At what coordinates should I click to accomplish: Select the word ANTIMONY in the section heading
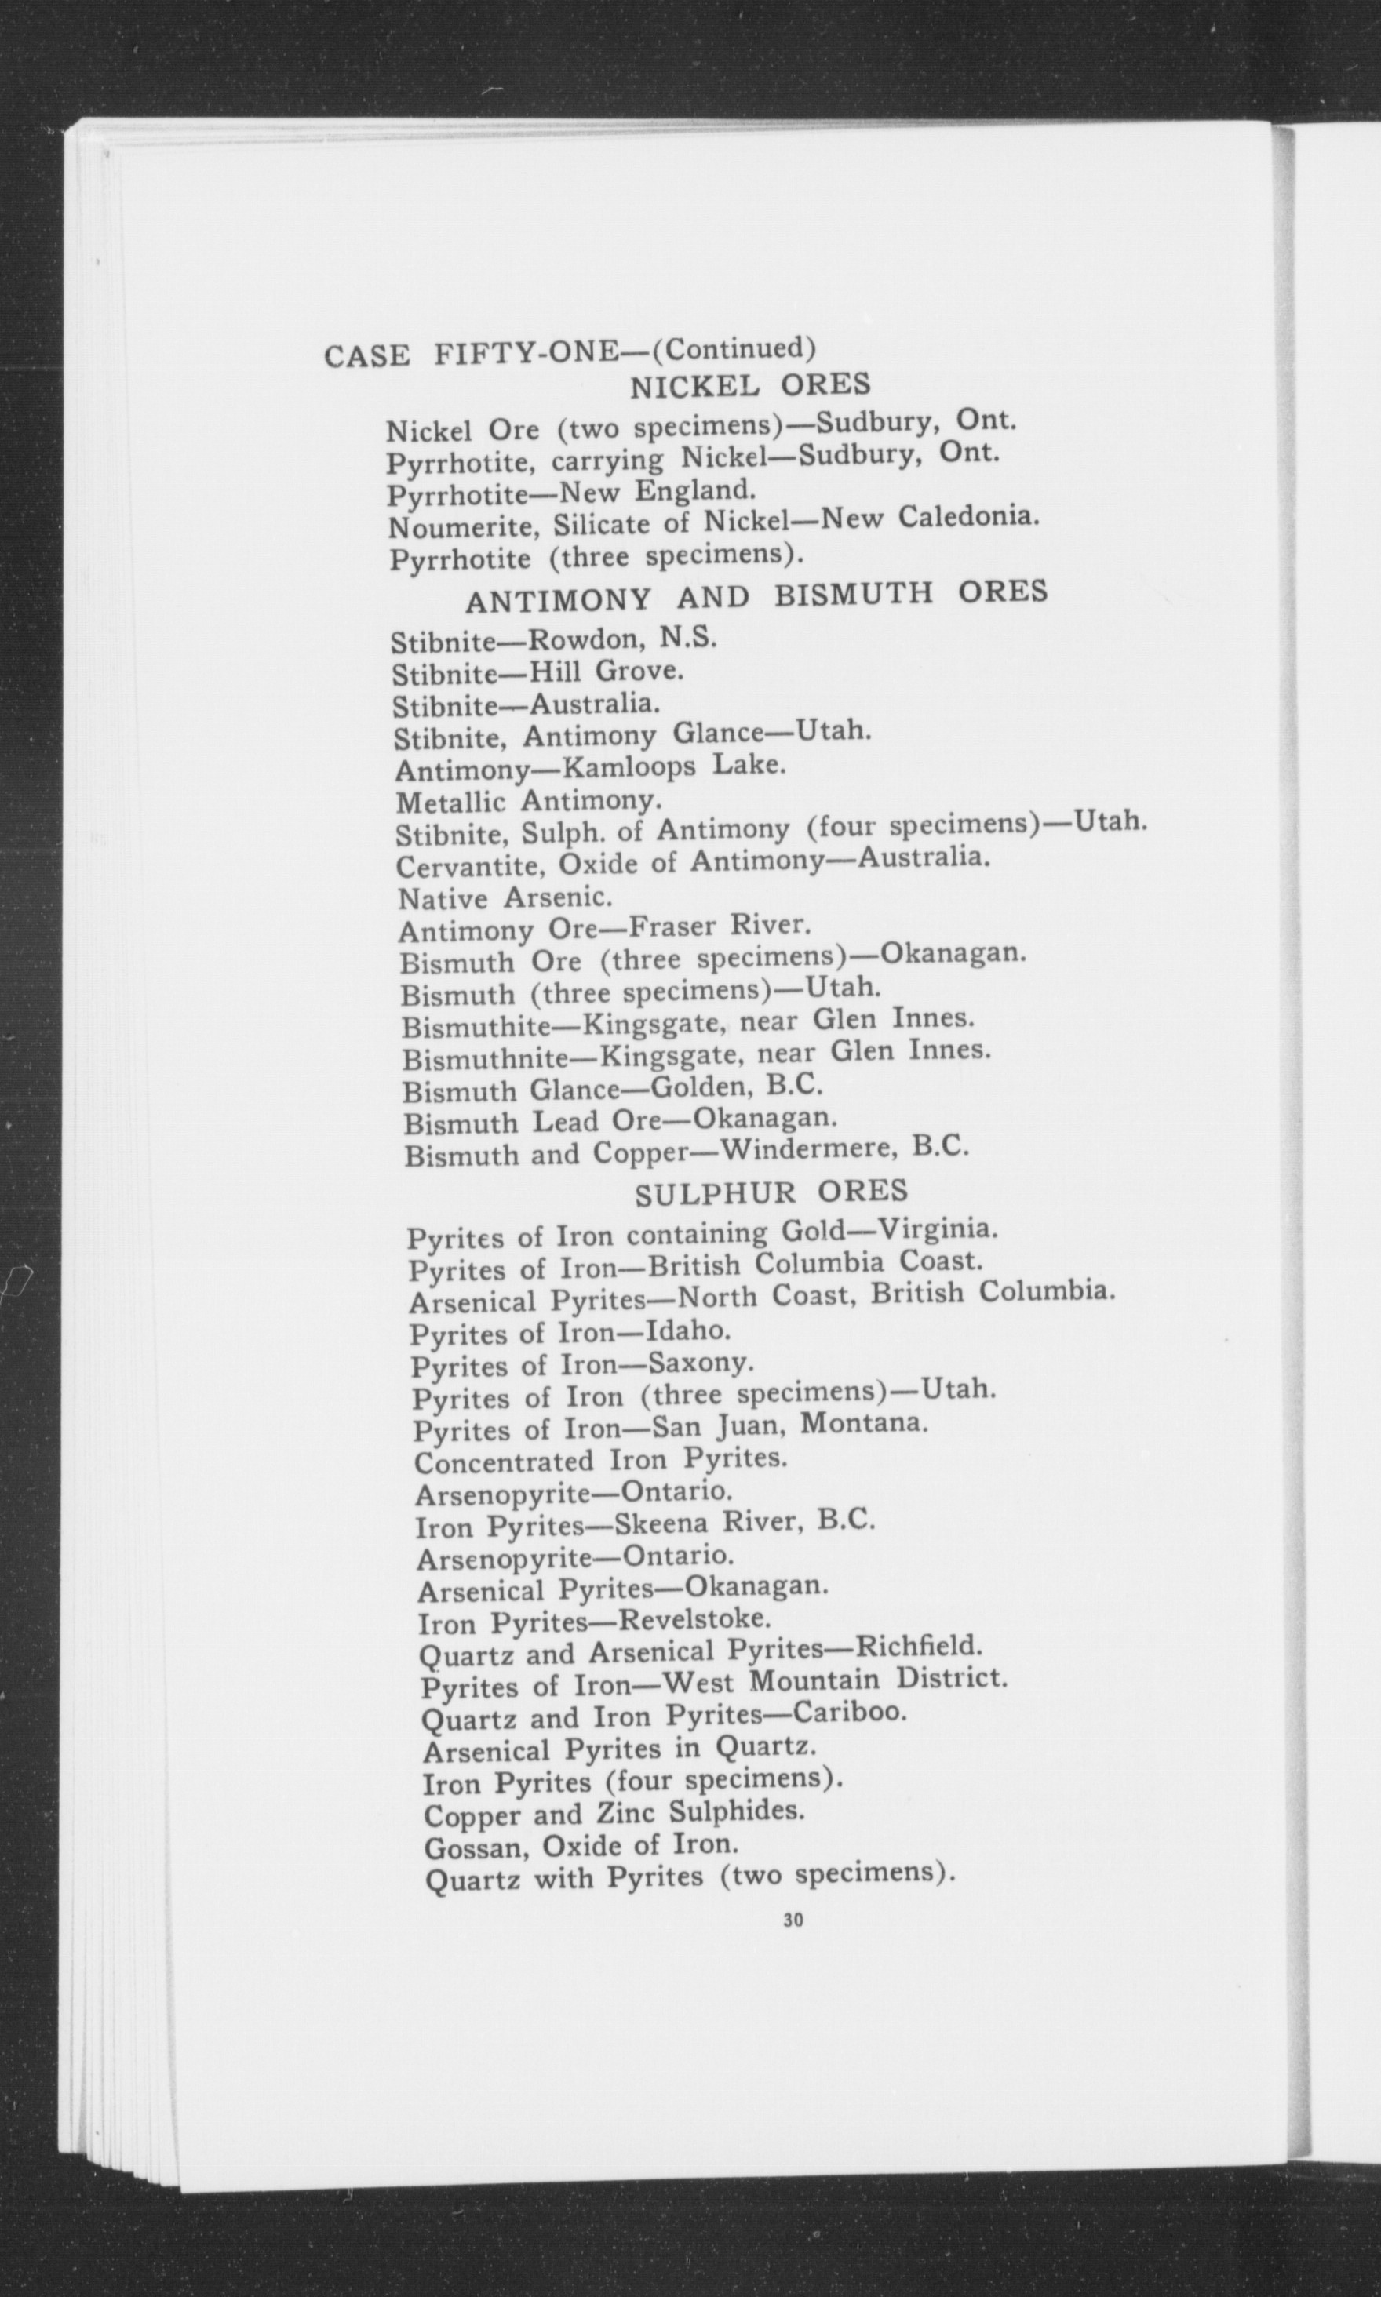click(559, 600)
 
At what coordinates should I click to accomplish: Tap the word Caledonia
click(967, 515)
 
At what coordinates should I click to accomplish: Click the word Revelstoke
click(694, 1618)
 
